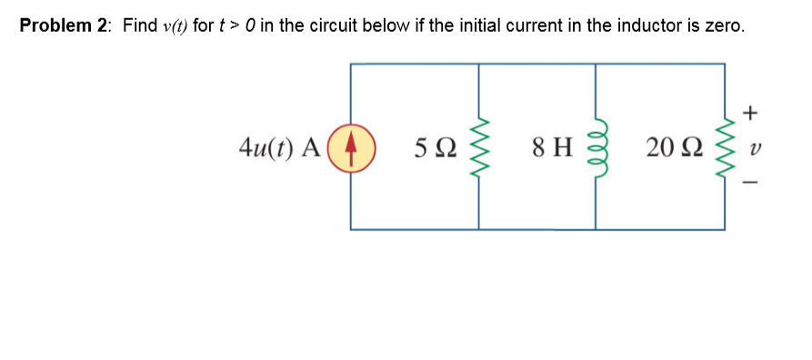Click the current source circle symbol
coord(352,147)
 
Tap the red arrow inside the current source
coord(352,147)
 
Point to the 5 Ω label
coord(433,147)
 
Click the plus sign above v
coord(749,114)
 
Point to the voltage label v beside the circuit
coord(749,147)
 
